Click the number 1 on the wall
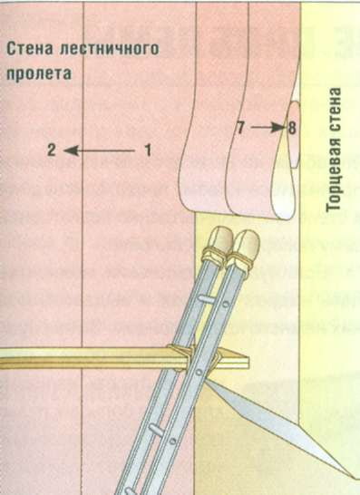point(148,150)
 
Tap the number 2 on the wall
point(53,150)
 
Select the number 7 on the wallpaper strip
point(240,129)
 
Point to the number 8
point(292,129)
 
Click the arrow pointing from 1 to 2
point(100,150)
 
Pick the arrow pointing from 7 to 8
point(266,129)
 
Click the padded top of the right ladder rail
point(246,243)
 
